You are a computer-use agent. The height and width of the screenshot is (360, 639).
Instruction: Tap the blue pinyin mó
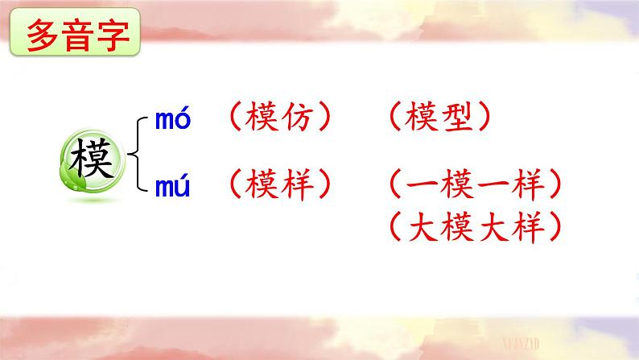pos(172,121)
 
